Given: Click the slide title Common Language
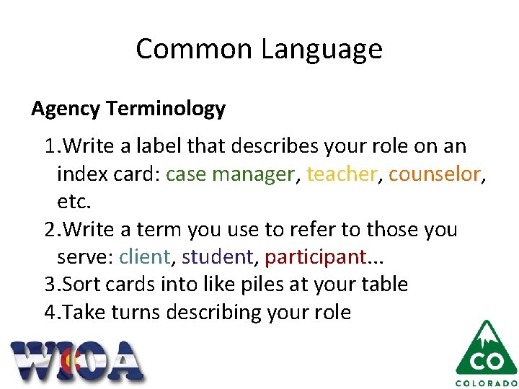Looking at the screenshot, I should pyautogui.click(x=259, y=49).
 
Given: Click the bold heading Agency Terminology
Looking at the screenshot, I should pyautogui.click(x=128, y=109).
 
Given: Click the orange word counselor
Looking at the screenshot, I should pyautogui.click(x=434, y=174).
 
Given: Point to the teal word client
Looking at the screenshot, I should pyautogui.click(x=145, y=257).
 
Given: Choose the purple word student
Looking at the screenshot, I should pyautogui.click(x=217, y=257).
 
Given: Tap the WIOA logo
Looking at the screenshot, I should pyautogui.click(x=77, y=360).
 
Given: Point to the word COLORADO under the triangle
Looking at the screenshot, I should pyautogui.click(x=486, y=383).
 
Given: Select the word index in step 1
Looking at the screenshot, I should pyautogui.click(x=81, y=174).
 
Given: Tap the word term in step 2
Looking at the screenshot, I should pyautogui.click(x=158, y=230).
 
